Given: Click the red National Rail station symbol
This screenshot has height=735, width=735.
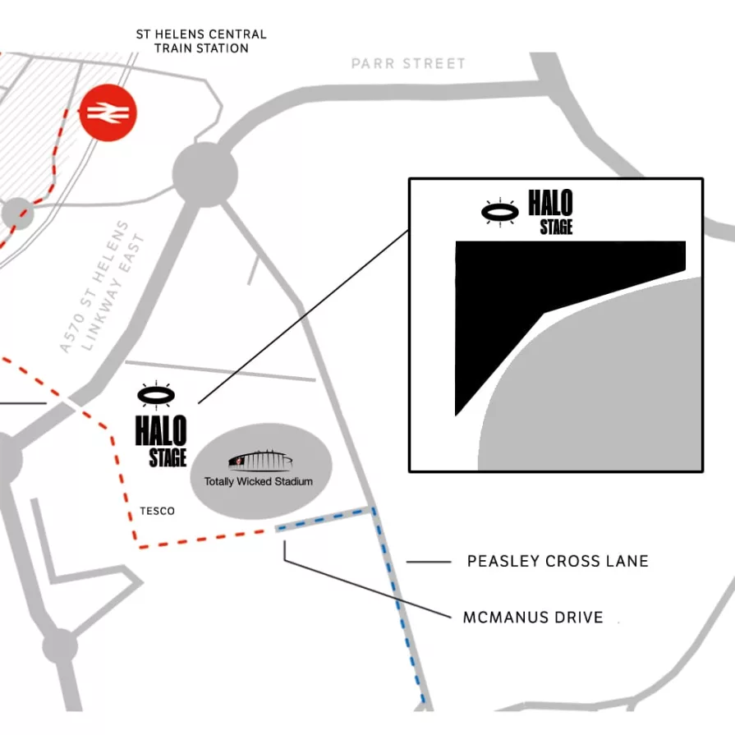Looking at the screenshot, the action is tap(108, 113).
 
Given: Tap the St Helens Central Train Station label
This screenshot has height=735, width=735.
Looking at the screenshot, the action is tap(201, 41).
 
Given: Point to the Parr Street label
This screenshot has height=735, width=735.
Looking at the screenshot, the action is tap(408, 63).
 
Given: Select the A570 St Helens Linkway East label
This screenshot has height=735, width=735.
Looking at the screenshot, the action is tap(101, 287).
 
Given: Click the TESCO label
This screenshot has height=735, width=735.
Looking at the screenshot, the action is tap(157, 511).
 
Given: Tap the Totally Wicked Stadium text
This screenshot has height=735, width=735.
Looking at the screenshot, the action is tap(259, 481).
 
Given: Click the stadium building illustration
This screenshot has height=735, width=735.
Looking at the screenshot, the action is tap(260, 461).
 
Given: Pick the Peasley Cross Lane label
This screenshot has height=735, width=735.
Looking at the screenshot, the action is tap(558, 561).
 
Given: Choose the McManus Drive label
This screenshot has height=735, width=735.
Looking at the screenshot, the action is tap(533, 618).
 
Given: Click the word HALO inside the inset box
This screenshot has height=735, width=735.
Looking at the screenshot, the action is tap(550, 203).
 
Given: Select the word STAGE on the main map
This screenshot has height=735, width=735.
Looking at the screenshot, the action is tap(168, 458).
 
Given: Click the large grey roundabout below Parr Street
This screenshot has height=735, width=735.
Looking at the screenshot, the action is tap(205, 174).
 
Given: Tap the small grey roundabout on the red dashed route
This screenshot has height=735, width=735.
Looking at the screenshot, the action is tap(18, 214).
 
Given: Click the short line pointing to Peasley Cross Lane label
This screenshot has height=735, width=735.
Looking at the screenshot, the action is tap(429, 562).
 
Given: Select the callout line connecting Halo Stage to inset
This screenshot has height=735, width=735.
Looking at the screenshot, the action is tap(303, 317).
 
